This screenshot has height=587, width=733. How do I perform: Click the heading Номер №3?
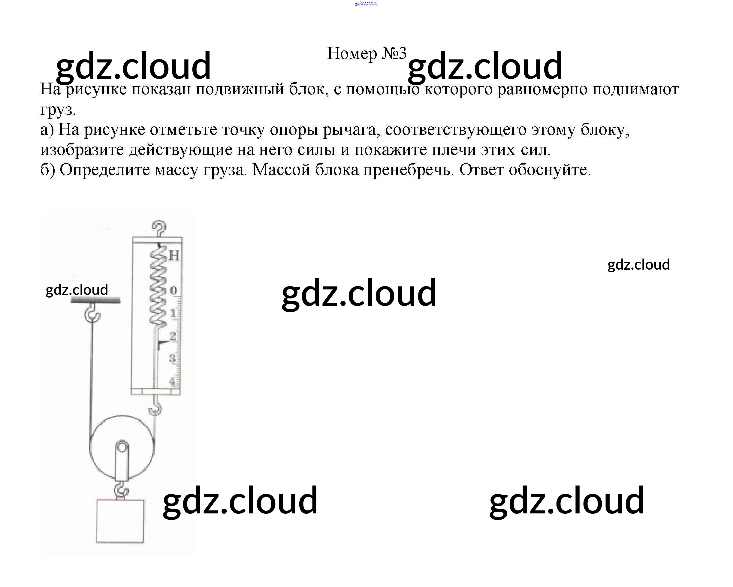(366, 54)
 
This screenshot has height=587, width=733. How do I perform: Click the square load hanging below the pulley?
(120, 521)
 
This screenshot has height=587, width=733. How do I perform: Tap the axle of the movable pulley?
(122, 446)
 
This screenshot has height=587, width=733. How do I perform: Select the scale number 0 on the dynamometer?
(173, 290)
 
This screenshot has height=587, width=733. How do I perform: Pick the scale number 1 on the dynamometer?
(173, 313)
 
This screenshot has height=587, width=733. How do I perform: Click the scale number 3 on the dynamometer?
(172, 358)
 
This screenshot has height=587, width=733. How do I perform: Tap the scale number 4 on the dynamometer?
(172, 381)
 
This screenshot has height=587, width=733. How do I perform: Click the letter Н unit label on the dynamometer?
(174, 256)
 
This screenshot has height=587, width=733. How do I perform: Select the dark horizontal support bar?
(95, 300)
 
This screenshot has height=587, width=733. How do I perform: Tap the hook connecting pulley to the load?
(121, 490)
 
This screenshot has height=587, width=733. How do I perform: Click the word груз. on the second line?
(58, 109)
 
